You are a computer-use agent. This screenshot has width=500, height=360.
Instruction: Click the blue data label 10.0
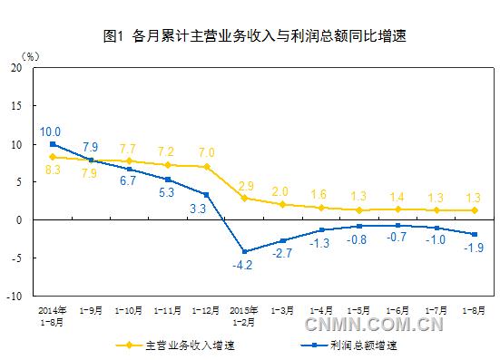click(51, 131)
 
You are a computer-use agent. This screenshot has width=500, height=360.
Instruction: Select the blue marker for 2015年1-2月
click(245, 251)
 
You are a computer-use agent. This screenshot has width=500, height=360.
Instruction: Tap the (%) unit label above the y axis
click(29, 56)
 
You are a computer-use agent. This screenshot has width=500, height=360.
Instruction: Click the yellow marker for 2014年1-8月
click(54, 157)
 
